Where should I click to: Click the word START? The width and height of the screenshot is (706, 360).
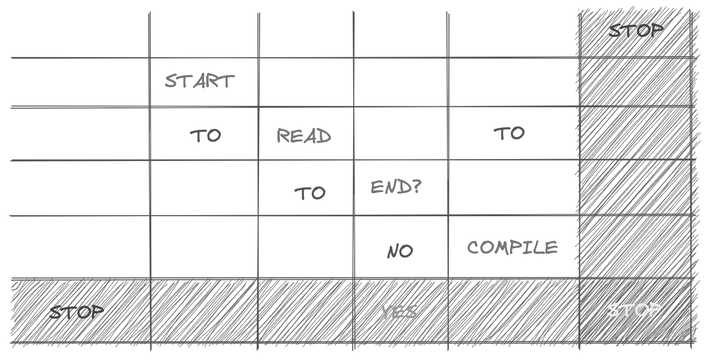point(200,81)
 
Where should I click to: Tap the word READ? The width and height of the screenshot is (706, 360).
point(303,136)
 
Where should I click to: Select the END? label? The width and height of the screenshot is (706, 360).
point(396,187)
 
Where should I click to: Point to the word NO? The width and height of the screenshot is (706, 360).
point(400,251)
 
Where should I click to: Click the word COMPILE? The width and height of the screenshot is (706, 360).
point(512,247)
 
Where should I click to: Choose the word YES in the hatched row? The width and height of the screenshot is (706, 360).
point(400,311)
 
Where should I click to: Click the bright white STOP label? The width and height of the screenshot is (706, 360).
point(634,310)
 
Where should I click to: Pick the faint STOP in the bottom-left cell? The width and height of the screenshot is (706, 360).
point(77,311)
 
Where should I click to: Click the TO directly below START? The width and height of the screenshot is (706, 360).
point(205,135)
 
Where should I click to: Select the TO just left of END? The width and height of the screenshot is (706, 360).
point(310,193)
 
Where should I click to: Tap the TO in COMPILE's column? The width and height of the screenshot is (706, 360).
point(509,133)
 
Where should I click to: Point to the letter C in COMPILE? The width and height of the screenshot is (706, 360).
point(473,247)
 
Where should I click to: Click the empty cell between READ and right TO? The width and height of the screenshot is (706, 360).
point(401,133)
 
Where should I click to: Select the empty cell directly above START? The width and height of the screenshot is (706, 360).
point(204,34)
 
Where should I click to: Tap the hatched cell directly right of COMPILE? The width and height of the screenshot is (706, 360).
point(636,246)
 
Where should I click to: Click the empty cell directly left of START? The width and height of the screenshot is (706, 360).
point(80,82)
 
